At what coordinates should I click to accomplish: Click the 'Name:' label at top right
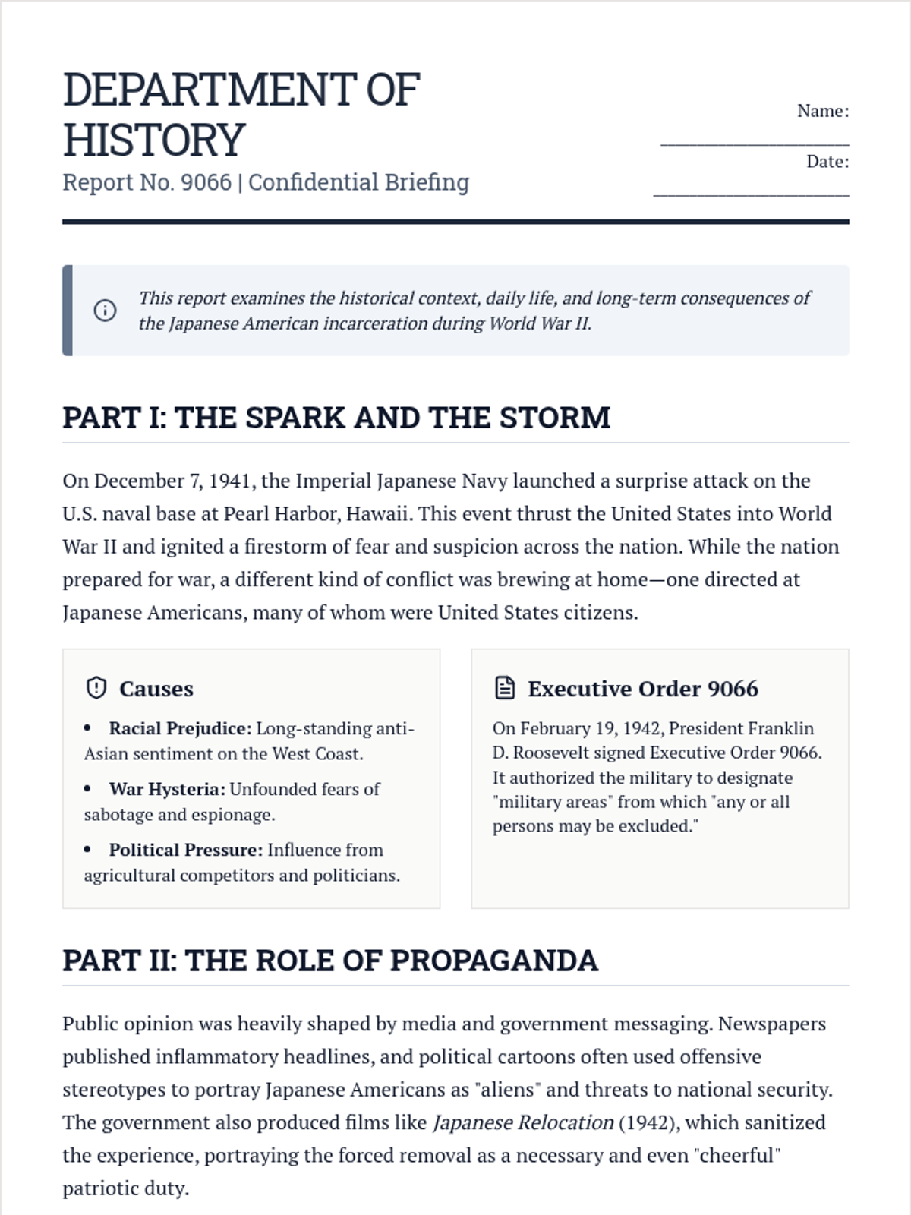823,111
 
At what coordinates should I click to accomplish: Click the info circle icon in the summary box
105,311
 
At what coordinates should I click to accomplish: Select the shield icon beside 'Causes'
96,688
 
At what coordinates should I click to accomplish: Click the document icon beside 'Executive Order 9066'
505,688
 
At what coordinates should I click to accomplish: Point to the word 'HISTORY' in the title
154,140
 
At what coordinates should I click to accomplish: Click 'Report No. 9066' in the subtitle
147,182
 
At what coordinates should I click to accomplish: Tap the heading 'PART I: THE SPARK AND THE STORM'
336,418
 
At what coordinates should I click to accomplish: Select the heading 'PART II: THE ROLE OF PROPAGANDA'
330,961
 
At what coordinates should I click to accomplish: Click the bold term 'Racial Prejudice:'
180,728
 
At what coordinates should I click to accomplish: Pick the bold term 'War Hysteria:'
167,789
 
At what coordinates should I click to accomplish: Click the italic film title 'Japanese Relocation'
523,1122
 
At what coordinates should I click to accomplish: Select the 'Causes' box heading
156,689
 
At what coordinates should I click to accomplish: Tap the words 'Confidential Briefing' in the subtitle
358,182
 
